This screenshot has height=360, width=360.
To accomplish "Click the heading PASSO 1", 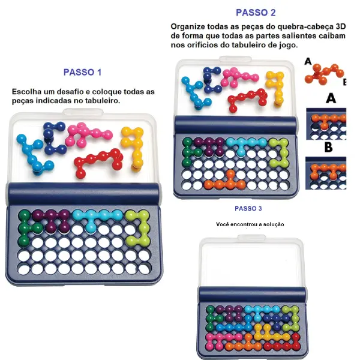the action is click(82, 73).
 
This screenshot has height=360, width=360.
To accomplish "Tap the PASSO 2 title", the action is click(256, 13).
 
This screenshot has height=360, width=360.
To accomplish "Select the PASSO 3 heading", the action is click(248, 208).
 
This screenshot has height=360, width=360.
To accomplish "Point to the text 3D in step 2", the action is click(340, 26).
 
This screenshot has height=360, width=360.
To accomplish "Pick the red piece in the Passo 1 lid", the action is click(98, 163).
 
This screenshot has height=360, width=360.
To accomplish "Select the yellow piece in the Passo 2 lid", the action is click(275, 88).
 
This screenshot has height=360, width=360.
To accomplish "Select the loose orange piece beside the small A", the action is click(324, 73).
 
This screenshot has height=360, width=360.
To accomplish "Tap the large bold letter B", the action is click(329, 147).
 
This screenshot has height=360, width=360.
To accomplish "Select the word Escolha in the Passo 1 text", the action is click(23, 92).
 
